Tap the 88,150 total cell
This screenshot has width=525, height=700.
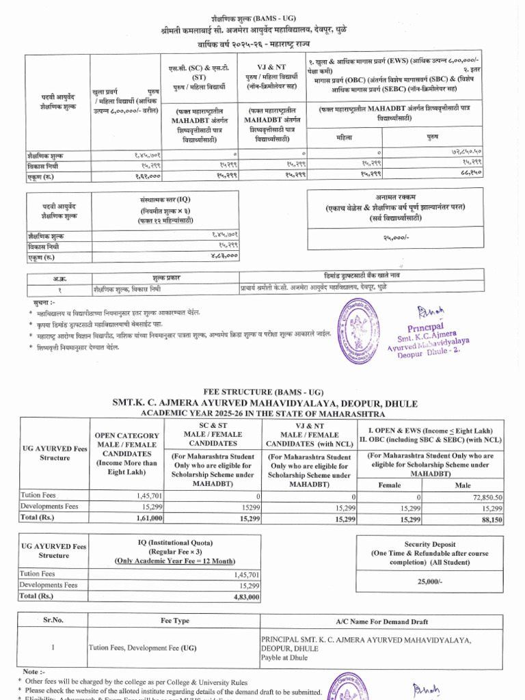tap(490, 520)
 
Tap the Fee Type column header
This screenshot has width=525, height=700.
tap(175, 620)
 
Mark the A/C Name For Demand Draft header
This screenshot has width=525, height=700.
tap(382, 621)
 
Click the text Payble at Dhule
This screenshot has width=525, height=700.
tap(284, 658)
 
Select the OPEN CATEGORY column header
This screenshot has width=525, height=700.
tap(126, 435)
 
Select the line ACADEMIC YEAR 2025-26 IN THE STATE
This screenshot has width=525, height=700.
tap(262, 414)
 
